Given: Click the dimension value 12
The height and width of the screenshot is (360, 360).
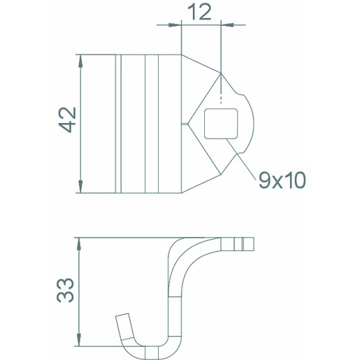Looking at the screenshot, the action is coord(199,12).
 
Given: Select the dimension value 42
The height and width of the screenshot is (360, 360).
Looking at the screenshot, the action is coord(67,120).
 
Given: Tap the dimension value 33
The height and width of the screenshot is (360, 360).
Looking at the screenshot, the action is coord(66,290).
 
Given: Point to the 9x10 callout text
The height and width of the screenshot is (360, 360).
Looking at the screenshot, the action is coord(282,180).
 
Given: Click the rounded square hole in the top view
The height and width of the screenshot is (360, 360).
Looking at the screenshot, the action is coord(221,124).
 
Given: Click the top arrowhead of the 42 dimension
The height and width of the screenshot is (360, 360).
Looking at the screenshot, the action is coord(80,61).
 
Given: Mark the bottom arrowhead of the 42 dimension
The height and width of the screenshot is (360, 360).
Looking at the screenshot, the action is coord(80,187).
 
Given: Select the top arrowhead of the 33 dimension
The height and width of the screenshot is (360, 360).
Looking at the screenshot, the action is coord(79,244).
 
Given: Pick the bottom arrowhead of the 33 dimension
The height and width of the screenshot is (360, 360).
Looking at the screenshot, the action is coord(79,340).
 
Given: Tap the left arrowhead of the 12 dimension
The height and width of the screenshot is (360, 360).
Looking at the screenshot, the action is coord(175,24).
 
